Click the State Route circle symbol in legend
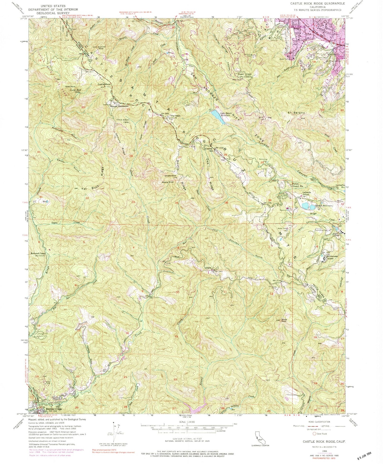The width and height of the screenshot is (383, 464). point(315,434)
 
